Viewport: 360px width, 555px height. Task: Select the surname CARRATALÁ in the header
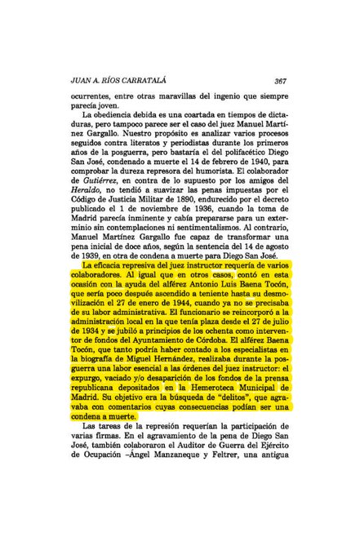124,81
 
